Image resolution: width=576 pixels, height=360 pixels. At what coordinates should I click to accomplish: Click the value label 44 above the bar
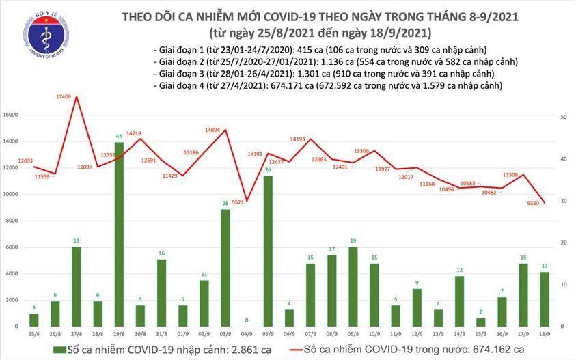(x=118, y=137)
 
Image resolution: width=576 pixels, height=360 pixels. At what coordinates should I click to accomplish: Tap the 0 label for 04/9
(x=247, y=320)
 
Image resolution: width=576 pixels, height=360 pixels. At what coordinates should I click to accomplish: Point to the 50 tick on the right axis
(x=563, y=117)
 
